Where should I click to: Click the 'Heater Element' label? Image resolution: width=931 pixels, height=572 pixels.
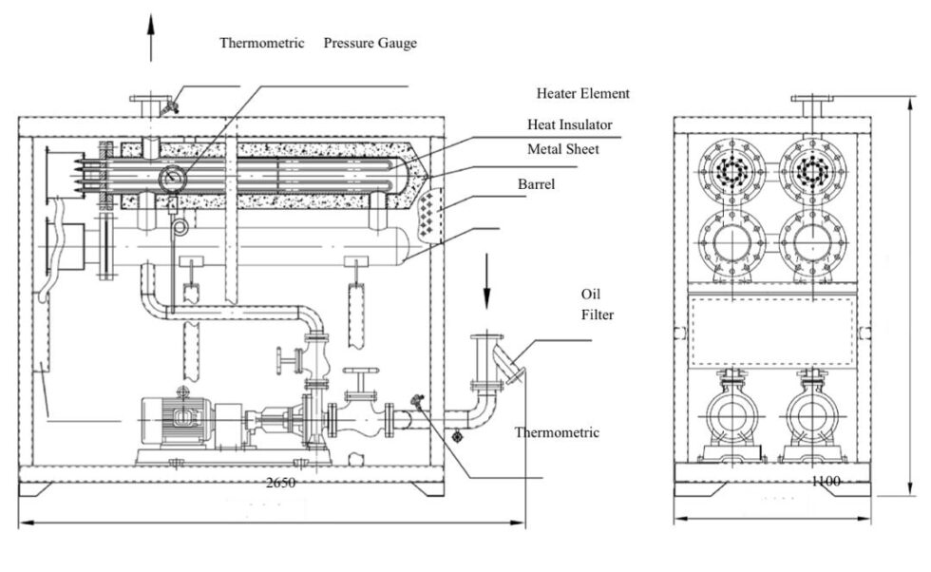(x=582, y=93)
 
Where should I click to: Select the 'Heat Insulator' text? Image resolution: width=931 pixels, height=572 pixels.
(x=570, y=124)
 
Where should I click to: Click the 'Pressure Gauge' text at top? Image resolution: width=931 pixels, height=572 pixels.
(x=370, y=43)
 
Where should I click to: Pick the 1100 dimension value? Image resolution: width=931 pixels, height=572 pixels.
(x=826, y=482)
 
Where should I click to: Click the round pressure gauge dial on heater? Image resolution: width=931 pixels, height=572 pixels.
(x=174, y=177)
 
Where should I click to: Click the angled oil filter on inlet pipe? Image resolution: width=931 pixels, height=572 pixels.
(x=514, y=366)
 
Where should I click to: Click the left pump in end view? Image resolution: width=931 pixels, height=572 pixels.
(x=731, y=419)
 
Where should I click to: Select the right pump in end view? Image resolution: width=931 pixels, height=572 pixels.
(x=813, y=419)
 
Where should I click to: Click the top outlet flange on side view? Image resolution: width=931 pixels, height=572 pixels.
(x=150, y=102)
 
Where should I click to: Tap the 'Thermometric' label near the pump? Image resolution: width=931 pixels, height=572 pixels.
(x=557, y=432)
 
